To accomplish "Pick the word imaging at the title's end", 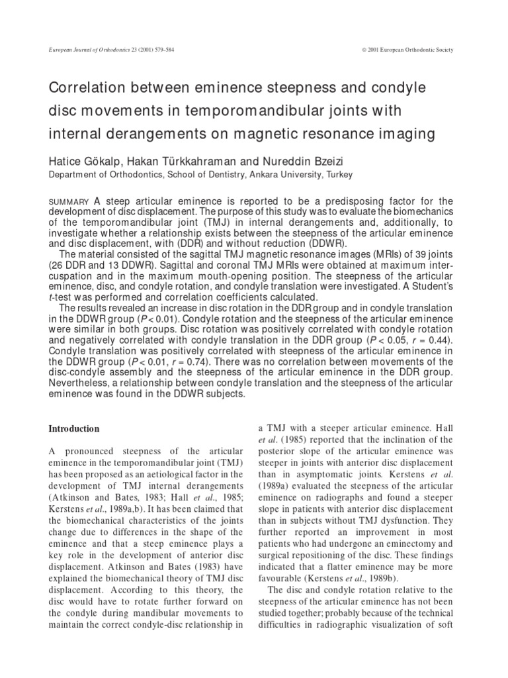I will pos(406,134).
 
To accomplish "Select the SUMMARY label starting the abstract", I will pos(70,202).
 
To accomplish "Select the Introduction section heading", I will pos(74,428).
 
